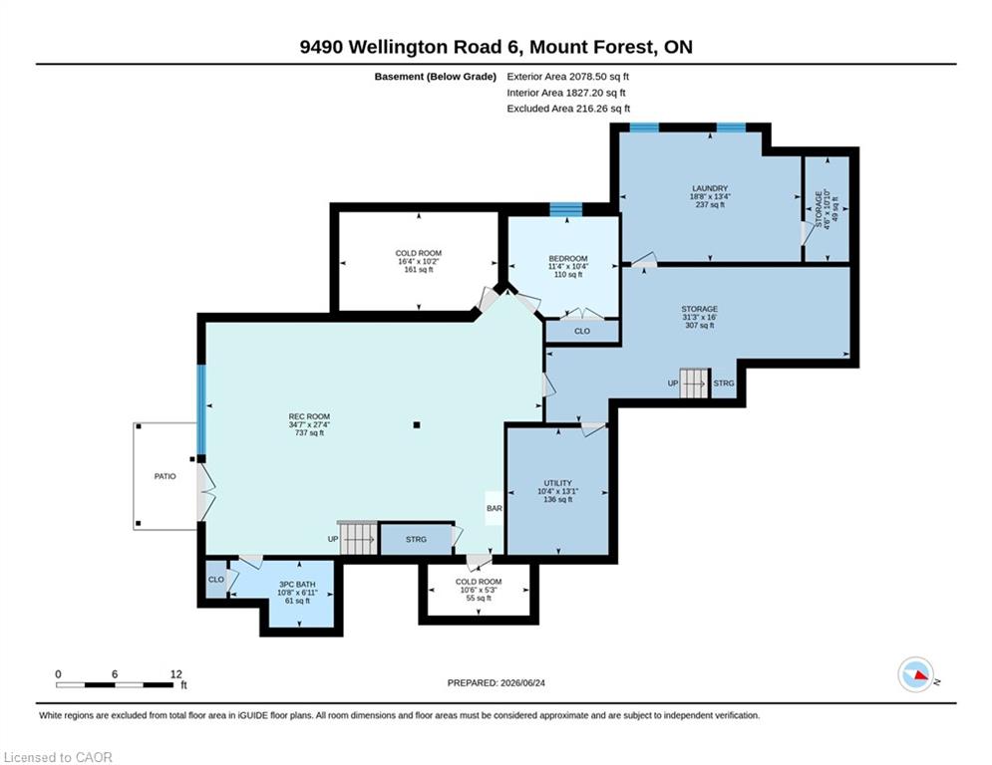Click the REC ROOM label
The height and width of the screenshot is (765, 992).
(309, 416)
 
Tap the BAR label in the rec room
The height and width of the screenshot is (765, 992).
(495, 508)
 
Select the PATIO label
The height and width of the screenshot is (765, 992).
(165, 477)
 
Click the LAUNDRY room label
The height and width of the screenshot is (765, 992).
(710, 188)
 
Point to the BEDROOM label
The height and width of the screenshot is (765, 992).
(568, 259)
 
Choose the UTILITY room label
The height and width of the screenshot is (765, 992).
(558, 483)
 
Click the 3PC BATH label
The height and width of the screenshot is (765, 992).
(297, 585)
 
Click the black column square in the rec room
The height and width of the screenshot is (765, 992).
(417, 425)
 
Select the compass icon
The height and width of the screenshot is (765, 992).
(915, 675)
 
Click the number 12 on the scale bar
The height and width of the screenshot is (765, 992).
(176, 674)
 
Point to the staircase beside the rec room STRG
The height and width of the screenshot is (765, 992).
(358, 539)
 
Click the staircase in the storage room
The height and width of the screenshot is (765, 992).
(694, 383)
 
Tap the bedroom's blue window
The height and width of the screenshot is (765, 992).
(565, 209)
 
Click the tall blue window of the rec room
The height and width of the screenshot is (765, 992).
(201, 409)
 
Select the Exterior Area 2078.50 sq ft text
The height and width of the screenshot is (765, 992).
(568, 77)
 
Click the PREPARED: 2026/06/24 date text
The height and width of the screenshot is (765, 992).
(496, 682)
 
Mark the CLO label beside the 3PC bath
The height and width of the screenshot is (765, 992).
(215, 580)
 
